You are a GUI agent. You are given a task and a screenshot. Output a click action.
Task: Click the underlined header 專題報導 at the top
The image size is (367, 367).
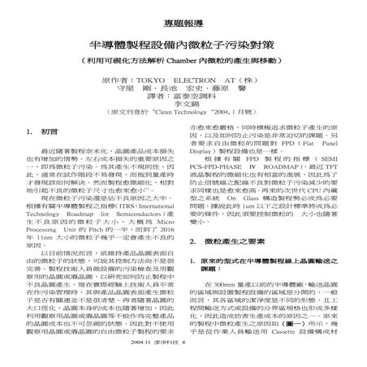tap(183, 15)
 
